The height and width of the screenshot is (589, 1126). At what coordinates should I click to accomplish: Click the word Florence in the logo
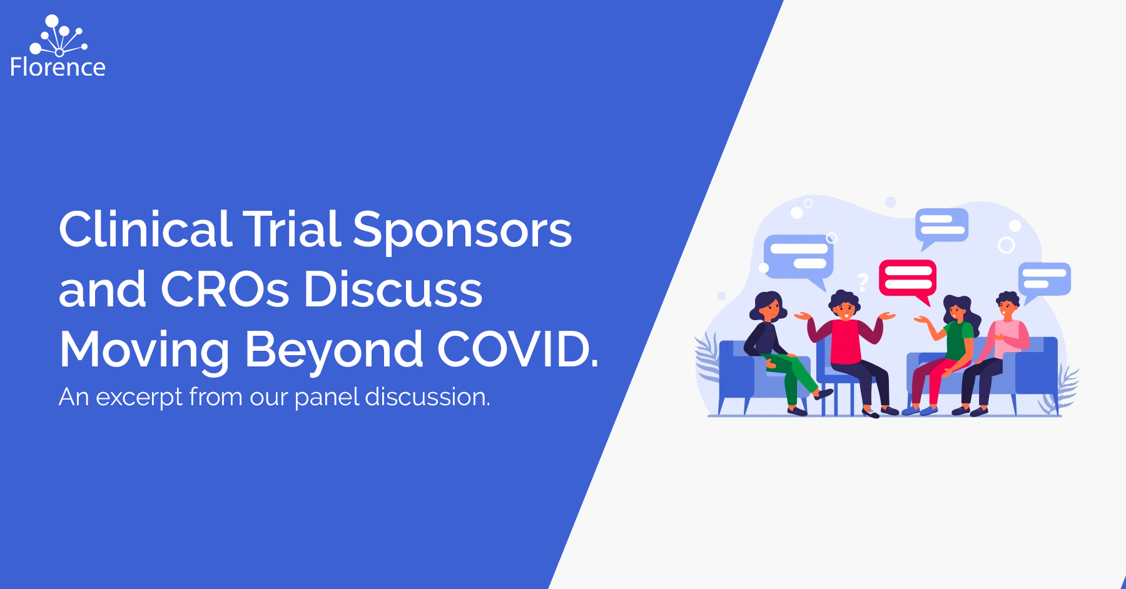point(58,67)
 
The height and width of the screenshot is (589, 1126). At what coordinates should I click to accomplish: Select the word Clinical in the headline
point(145,229)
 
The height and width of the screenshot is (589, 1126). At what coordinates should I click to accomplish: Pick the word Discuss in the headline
point(393,289)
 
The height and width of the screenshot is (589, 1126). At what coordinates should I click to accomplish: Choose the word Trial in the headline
point(292,229)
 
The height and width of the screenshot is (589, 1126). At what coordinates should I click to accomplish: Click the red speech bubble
point(908,279)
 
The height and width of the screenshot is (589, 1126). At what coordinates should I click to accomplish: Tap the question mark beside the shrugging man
point(863,283)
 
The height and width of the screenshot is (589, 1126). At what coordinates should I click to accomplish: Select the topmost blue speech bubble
point(941,227)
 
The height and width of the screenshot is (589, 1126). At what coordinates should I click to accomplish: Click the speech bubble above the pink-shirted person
point(1043,280)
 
